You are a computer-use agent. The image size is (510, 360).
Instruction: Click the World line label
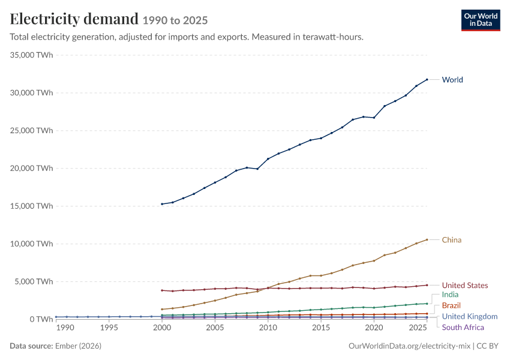tap(452, 80)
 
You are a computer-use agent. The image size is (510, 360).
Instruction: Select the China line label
tap(451, 239)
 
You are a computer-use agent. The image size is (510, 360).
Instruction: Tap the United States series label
tap(465, 285)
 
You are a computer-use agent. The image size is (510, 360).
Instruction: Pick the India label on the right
tap(450, 295)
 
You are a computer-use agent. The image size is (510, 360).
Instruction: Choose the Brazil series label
tap(451, 305)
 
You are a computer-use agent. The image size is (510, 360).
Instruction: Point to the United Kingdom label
tap(470, 316)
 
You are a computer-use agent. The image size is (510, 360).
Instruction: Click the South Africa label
tap(463, 327)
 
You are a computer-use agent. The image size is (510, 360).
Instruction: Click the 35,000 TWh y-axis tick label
tap(31, 55)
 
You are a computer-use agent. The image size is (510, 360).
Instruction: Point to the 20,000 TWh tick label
tap(31, 168)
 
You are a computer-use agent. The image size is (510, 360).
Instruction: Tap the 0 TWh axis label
tap(41, 319)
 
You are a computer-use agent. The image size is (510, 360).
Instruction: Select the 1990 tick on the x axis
tap(65, 328)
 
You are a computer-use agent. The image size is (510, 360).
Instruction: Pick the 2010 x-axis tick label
tap(268, 328)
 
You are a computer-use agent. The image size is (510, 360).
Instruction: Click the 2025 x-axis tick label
tap(418, 328)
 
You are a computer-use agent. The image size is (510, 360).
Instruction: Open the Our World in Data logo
tap(481, 20)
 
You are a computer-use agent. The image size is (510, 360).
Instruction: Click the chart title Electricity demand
tap(74, 19)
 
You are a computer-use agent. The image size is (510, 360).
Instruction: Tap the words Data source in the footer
tap(31, 346)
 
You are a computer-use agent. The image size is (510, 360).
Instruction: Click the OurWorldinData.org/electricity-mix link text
tap(409, 346)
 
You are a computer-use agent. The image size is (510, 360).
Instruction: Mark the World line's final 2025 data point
tap(427, 79)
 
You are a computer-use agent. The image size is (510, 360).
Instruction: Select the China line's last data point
tap(427, 239)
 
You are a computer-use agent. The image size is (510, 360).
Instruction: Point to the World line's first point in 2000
tap(162, 204)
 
